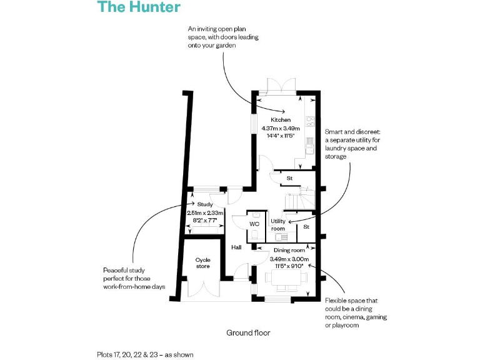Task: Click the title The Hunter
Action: click(139, 7)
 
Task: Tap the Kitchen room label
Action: click(281, 119)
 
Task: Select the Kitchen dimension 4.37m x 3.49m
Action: click(281, 128)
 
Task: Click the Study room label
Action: click(204, 204)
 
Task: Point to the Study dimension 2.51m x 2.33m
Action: click(205, 212)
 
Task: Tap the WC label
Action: click(254, 223)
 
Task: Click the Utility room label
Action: click(278, 225)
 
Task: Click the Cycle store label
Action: click(202, 263)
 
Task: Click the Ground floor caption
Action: click(248, 333)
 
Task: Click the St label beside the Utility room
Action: click(306, 227)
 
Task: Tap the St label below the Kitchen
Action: click(289, 179)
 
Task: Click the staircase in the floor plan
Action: click(298, 200)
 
